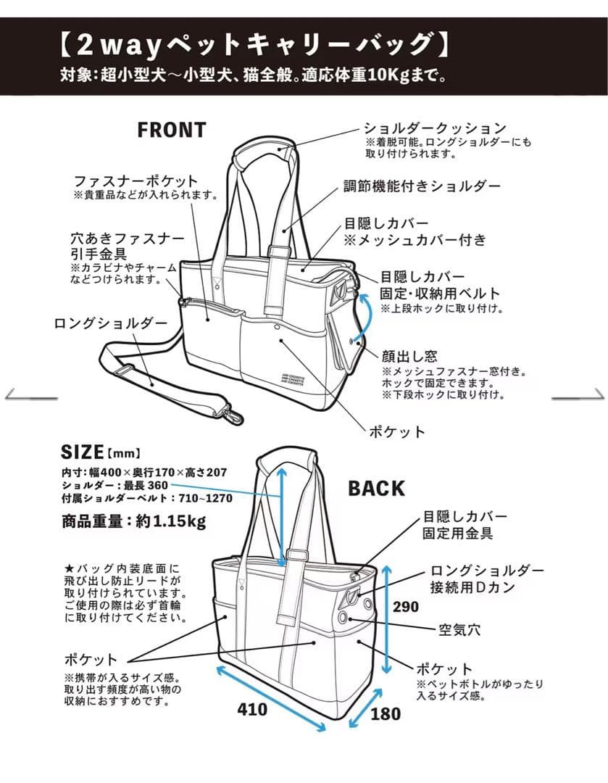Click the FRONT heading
[x=172, y=130]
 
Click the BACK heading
[x=376, y=489]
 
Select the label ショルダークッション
[x=434, y=128]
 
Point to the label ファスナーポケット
[x=136, y=181]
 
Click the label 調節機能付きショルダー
[x=422, y=186]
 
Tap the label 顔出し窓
[x=409, y=356]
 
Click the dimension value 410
[x=252, y=709]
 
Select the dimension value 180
[x=386, y=714]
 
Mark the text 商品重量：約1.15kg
[x=133, y=521]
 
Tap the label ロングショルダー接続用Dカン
[x=486, y=579]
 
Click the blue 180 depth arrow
[x=365, y=706]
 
